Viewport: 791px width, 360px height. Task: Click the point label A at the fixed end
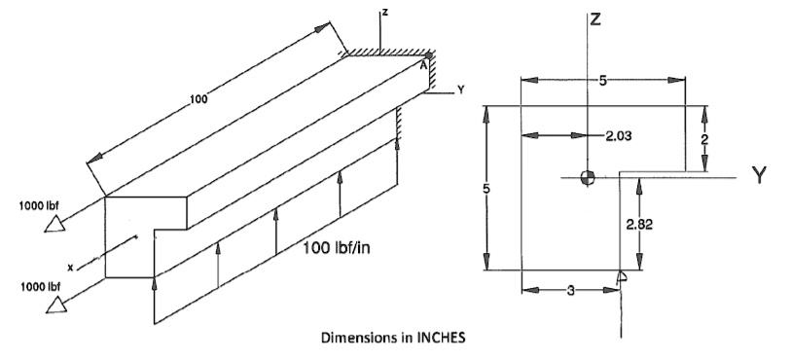point(423,66)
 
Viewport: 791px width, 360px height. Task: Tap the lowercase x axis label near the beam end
point(70,266)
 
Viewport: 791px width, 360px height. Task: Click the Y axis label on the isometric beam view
point(461,90)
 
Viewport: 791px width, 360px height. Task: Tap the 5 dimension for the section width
point(603,82)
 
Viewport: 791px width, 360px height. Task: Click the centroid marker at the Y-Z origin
point(586,177)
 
